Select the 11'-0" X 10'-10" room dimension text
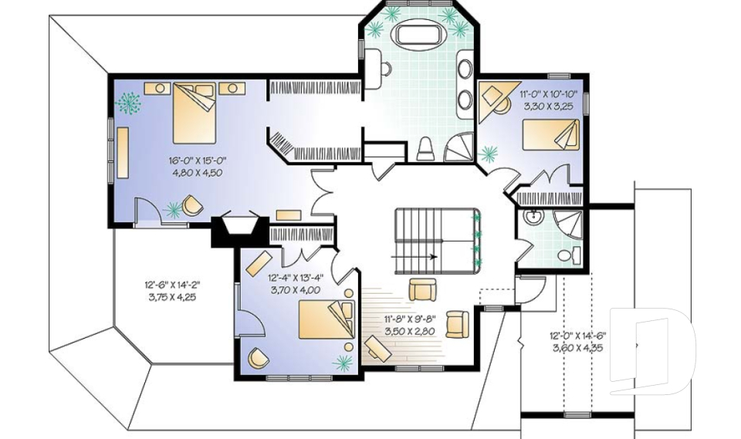pos(546,93)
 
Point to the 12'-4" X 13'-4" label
pos(296,278)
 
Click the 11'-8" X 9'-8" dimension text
pos(410,319)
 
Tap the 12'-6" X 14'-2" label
pos(172,285)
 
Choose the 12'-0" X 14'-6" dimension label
pos(577,336)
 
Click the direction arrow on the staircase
pos(414,257)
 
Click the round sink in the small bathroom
pos(534,217)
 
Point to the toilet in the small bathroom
pos(570,255)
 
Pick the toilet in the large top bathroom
pos(425,149)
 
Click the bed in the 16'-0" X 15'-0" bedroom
pos(194,113)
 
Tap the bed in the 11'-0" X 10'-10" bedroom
pos(550,135)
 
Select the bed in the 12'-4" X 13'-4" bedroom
pos(326,319)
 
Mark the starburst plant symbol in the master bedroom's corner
pos(128,103)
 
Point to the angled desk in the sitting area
pos(377,349)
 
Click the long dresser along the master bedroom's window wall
pos(123,153)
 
